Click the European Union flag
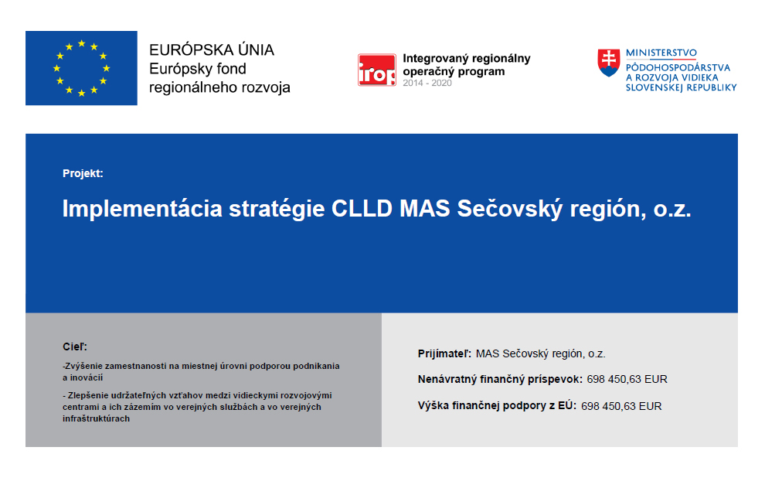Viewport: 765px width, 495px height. (81, 68)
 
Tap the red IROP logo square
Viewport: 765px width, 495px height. (376, 70)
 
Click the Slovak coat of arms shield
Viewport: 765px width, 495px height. (609, 63)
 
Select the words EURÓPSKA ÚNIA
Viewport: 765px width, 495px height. (212, 49)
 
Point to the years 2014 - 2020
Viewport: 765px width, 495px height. (427, 83)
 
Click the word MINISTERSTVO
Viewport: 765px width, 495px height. (661, 53)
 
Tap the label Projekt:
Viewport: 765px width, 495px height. (83, 173)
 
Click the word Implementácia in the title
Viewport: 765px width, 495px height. (142, 209)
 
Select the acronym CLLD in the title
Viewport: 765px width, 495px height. (362, 209)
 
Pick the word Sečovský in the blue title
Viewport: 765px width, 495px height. (509, 209)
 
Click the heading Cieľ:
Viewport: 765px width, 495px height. (75, 346)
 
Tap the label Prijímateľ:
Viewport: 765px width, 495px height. (444, 354)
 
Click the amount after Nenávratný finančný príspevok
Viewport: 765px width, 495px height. (627, 379)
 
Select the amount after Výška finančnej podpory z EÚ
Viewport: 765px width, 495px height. (621, 406)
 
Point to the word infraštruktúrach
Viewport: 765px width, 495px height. (96, 419)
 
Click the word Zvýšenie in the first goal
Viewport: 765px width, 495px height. (83, 366)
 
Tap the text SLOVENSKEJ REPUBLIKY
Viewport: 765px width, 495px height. (681, 88)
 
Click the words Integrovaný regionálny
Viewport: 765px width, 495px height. (467, 59)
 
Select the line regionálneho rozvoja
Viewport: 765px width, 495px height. (219, 87)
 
